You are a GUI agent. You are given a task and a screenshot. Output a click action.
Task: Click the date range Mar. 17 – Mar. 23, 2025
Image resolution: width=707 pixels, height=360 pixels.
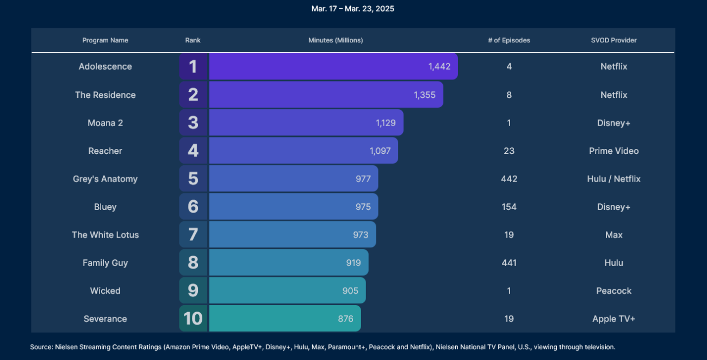click(x=353, y=9)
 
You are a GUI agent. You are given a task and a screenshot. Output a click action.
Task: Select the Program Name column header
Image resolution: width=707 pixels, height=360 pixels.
click(x=105, y=40)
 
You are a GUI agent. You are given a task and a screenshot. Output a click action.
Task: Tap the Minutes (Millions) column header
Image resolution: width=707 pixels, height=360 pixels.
click(x=336, y=40)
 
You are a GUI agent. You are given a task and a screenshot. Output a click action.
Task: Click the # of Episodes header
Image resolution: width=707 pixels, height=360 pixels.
click(x=508, y=40)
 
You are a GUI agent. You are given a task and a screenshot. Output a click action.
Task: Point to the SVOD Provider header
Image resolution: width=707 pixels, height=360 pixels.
click(x=613, y=40)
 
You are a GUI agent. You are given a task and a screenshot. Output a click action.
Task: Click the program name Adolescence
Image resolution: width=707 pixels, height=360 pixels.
click(x=105, y=66)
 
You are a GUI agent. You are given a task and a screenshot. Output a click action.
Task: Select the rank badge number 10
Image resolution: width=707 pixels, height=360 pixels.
click(x=193, y=319)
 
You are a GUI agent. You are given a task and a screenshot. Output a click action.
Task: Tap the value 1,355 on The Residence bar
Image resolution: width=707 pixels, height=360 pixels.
click(x=424, y=95)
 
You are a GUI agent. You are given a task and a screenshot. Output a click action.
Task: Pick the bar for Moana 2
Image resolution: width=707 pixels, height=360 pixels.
click(x=306, y=123)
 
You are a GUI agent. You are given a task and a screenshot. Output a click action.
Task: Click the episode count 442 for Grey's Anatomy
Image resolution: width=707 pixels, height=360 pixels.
click(x=509, y=179)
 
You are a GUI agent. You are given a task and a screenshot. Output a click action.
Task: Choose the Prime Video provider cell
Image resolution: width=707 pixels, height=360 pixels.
click(x=613, y=151)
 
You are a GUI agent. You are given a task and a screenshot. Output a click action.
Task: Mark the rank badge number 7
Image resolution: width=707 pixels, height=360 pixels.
click(x=193, y=235)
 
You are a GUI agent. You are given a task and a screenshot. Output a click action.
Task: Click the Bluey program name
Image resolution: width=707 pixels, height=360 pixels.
click(x=105, y=207)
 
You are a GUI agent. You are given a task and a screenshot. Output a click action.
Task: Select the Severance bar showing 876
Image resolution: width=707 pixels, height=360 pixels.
click(x=284, y=319)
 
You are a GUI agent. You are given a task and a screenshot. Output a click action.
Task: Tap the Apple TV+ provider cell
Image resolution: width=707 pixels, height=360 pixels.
click(x=613, y=319)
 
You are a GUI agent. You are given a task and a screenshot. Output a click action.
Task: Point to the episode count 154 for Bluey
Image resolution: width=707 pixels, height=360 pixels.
click(x=509, y=207)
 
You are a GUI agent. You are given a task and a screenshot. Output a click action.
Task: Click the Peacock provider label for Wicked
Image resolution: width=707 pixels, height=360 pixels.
click(x=613, y=291)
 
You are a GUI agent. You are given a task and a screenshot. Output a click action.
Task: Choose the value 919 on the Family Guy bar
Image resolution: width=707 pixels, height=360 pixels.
click(x=353, y=263)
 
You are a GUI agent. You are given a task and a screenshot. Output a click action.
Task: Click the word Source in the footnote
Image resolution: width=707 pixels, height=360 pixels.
click(x=41, y=347)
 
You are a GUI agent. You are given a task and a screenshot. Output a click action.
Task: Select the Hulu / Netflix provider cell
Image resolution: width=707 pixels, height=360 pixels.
click(x=613, y=179)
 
